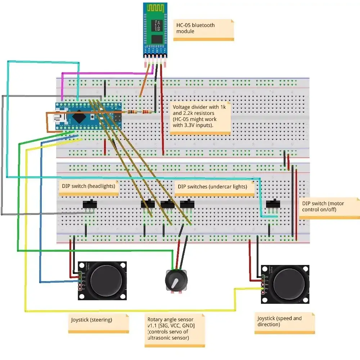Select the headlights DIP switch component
[x=90, y=204]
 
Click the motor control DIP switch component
[x=273, y=204]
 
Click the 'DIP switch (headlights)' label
[x=89, y=187]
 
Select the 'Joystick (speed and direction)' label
[x=284, y=322]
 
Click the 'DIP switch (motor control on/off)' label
[x=329, y=207]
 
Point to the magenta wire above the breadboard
[x=104, y=73]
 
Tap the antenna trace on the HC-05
[x=155, y=8]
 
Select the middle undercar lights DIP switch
[x=167, y=204]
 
